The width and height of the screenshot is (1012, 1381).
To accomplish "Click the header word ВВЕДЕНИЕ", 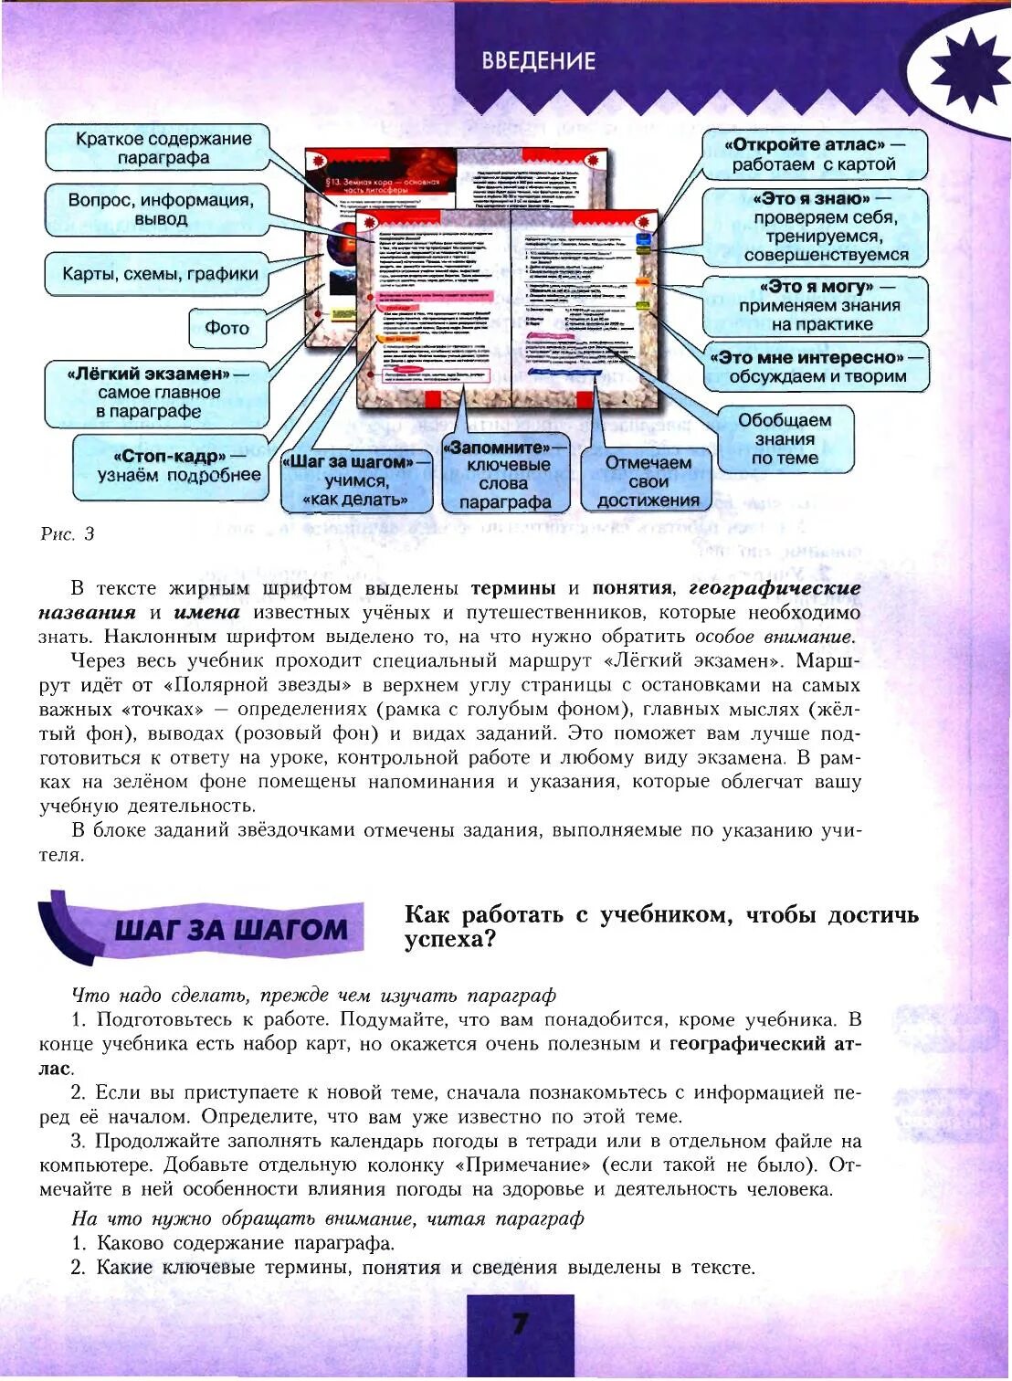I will pyautogui.click(x=539, y=61).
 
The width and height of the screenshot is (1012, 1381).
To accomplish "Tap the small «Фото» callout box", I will pyautogui.click(x=227, y=328).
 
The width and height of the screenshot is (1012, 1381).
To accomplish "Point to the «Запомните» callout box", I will pyautogui.click(x=505, y=474).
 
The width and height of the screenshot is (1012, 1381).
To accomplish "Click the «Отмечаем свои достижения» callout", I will pyautogui.click(x=648, y=481).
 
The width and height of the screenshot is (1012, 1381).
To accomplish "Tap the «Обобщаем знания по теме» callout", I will pyautogui.click(x=785, y=439).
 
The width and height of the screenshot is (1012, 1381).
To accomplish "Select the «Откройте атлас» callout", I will pyautogui.click(x=814, y=154).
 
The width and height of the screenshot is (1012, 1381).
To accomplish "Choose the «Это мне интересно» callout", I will pyautogui.click(x=817, y=366).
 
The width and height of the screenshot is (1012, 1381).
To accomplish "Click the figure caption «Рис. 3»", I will pyautogui.click(x=68, y=534).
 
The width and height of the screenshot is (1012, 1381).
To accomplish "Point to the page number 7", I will pyautogui.click(x=520, y=1324).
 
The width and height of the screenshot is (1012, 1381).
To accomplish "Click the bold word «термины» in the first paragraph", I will pyautogui.click(x=512, y=588).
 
